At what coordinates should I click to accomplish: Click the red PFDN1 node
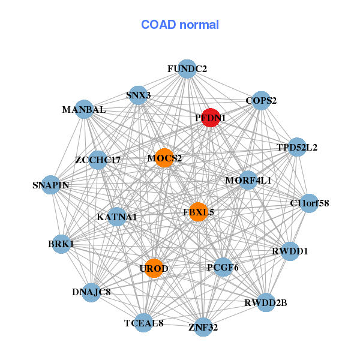(x=210, y=118)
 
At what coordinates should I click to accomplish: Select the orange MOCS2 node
(x=164, y=158)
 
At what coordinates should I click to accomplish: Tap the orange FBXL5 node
(x=198, y=212)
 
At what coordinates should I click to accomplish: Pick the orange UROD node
(x=154, y=268)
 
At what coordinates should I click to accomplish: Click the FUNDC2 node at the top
(x=187, y=69)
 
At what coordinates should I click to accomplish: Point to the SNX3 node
(x=139, y=95)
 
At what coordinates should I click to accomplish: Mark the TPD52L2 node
(x=297, y=147)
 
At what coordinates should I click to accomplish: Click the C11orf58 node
(x=309, y=203)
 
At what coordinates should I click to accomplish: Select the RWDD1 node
(x=290, y=251)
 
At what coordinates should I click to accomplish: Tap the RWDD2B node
(x=266, y=302)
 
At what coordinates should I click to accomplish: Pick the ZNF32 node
(x=203, y=326)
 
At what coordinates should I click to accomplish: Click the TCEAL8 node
(x=143, y=323)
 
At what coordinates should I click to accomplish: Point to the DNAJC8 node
(x=91, y=292)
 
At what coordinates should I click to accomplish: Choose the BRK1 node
(x=61, y=244)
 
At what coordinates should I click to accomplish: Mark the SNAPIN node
(x=51, y=185)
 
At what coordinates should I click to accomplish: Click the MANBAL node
(x=84, y=110)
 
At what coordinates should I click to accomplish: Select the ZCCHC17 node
(x=98, y=160)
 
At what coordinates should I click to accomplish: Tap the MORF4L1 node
(x=248, y=180)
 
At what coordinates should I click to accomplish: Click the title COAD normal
(x=180, y=25)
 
